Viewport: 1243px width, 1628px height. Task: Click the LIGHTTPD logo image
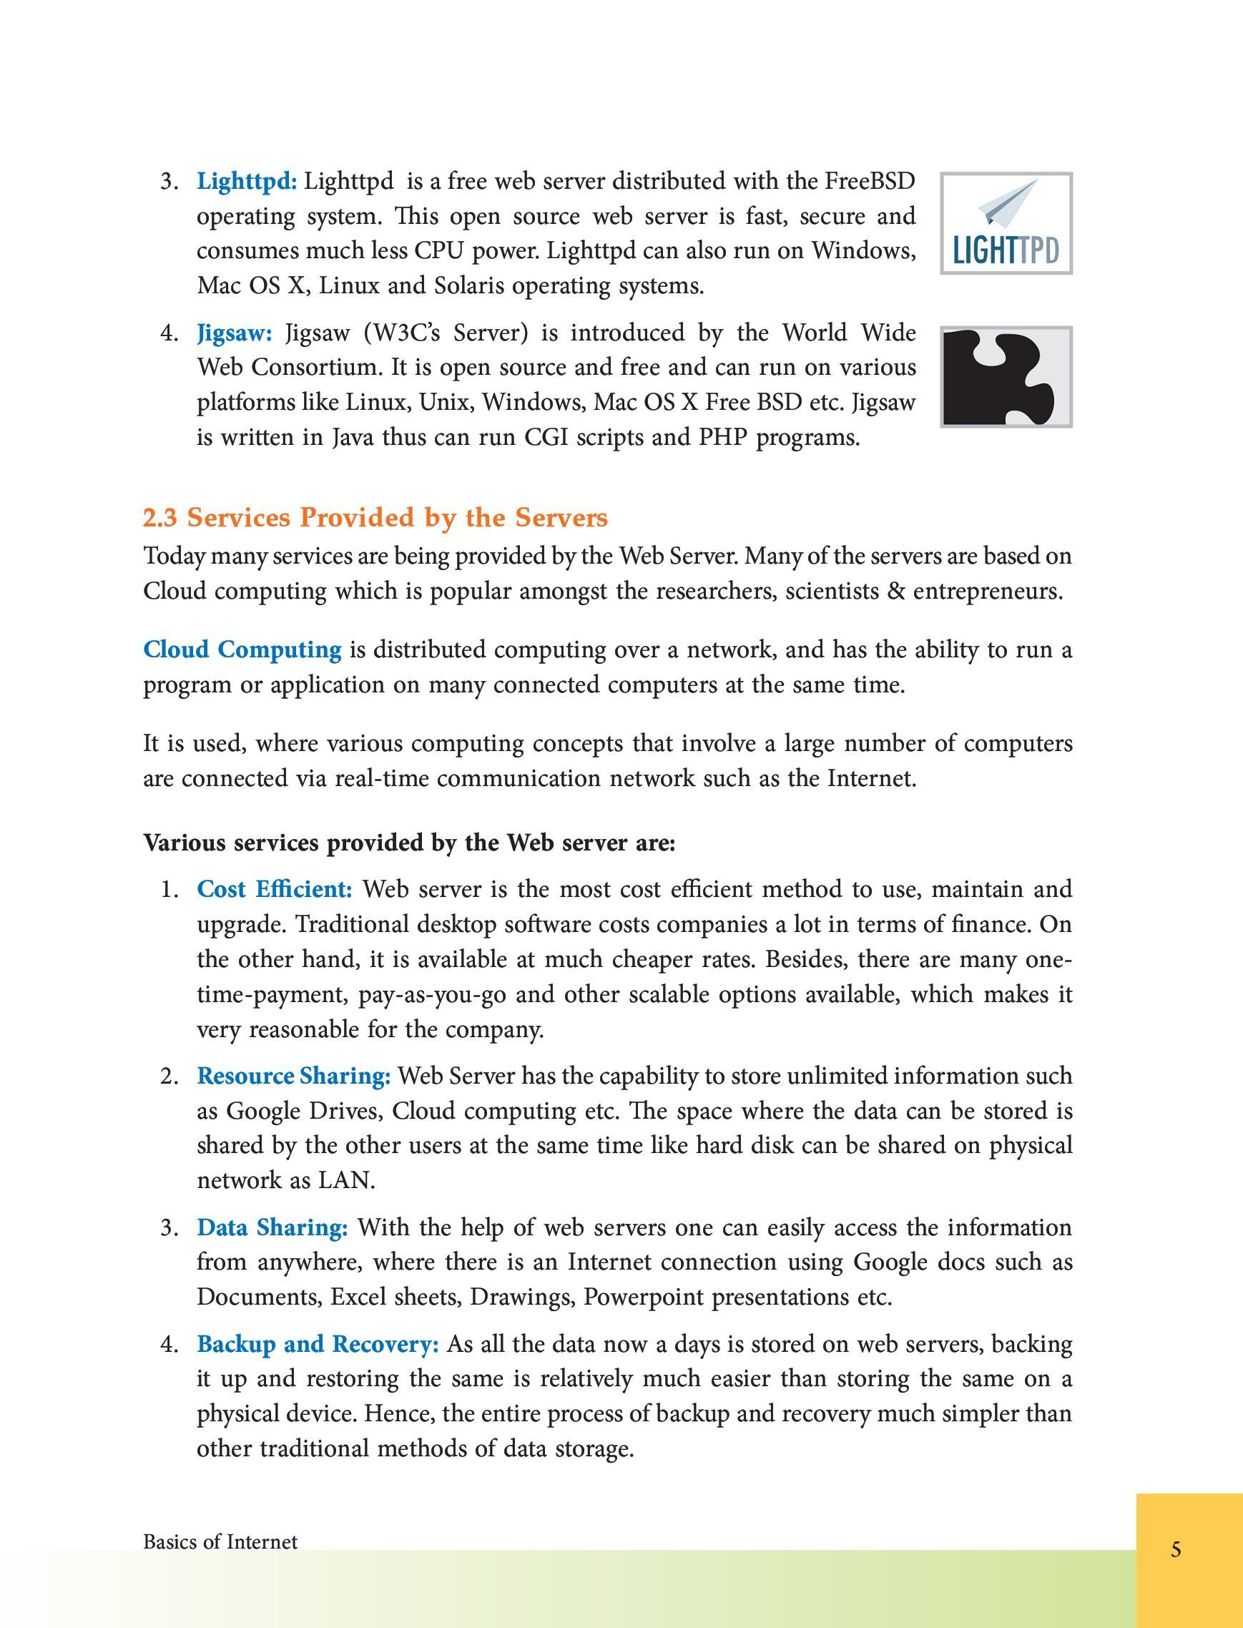click(1006, 223)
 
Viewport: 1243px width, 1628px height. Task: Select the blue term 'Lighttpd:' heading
click(246, 181)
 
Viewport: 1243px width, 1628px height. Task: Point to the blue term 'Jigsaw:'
click(235, 333)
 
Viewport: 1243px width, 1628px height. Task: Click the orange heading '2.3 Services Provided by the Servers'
click(375, 517)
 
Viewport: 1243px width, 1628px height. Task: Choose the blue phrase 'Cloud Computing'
click(242, 649)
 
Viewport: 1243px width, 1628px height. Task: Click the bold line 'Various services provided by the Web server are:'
click(409, 843)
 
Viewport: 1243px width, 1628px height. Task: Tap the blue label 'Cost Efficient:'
click(275, 888)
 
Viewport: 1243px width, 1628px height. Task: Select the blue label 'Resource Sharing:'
click(293, 1076)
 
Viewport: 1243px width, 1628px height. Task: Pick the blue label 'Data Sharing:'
click(272, 1227)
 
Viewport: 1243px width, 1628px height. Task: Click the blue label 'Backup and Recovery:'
click(318, 1344)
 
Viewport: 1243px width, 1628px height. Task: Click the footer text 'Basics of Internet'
click(220, 1542)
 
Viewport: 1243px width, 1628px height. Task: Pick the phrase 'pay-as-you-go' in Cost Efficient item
click(432, 994)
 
